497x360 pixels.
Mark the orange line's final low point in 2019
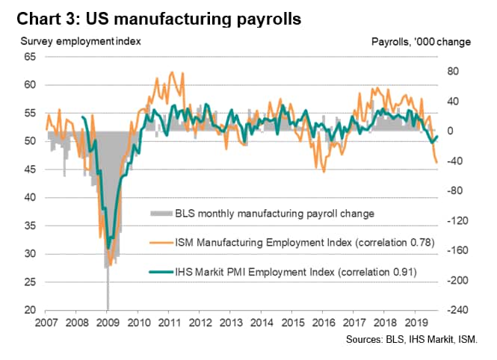coord(436,162)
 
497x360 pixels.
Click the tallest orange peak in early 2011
coord(173,72)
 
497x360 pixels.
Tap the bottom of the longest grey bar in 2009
coord(108,308)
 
